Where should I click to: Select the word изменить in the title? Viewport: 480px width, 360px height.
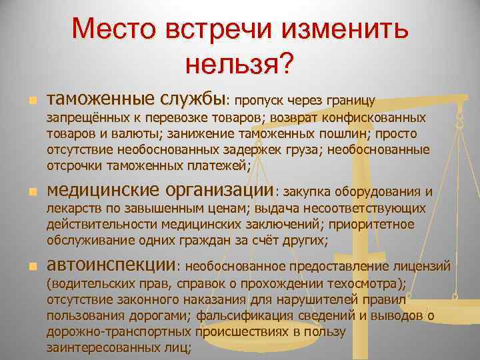[345, 30]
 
